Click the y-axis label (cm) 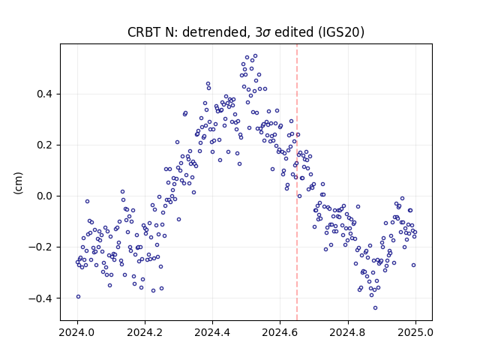click(x=18, y=183)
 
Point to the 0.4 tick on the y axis click(x=45, y=94)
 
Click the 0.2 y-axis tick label click(x=45, y=145)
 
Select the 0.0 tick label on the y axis click(x=45, y=196)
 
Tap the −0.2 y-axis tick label click(x=41, y=247)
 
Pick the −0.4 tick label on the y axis click(x=41, y=298)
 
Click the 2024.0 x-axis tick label click(x=77, y=332)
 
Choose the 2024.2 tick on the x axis click(x=145, y=332)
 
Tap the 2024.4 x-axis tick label click(x=212, y=332)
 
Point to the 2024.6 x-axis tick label click(x=280, y=332)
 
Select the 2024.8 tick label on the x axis click(x=348, y=332)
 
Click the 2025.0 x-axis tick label click(x=415, y=332)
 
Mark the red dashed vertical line click(x=297, y=182)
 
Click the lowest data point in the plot click(x=375, y=307)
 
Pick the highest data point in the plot click(x=255, y=56)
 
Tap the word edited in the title click(x=294, y=32)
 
